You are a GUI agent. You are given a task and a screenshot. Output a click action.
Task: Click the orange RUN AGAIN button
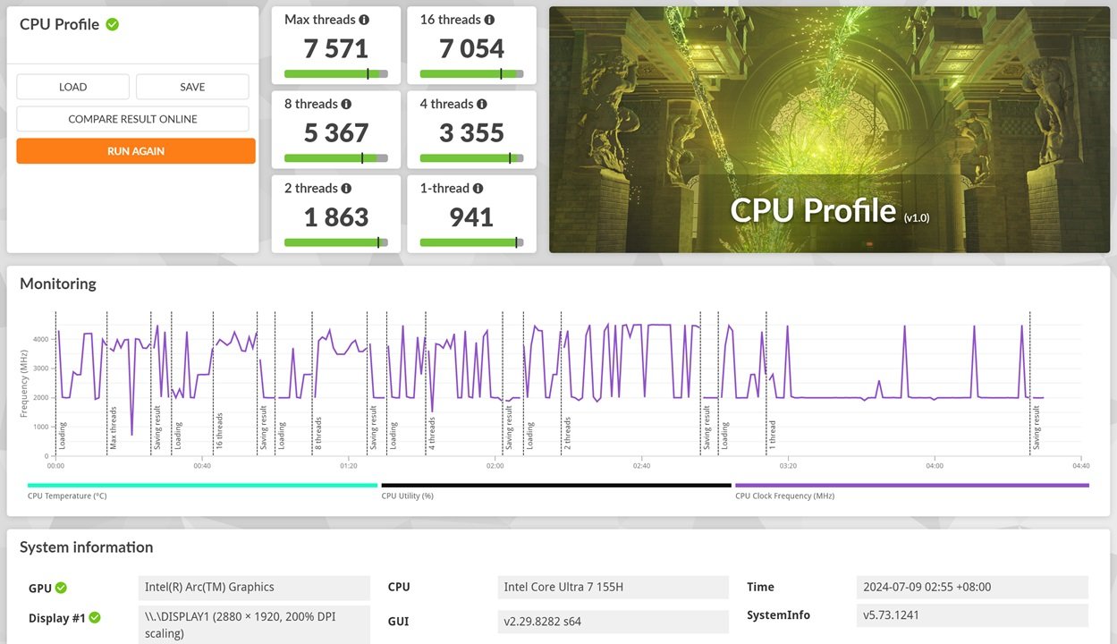(x=136, y=151)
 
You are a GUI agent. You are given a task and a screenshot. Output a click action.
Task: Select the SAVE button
(x=192, y=87)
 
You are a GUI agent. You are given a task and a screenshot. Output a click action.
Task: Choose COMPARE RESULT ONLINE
(x=132, y=119)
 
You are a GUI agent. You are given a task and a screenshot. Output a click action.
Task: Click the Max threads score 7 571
(x=336, y=48)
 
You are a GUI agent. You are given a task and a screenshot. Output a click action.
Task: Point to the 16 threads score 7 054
(x=471, y=48)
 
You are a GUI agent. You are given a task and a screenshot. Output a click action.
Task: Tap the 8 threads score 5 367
(x=336, y=132)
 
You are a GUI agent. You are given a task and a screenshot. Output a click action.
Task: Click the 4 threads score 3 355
(x=471, y=132)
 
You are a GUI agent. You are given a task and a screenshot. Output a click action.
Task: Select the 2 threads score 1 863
(x=336, y=216)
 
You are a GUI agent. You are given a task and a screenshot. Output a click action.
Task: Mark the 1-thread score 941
(x=471, y=216)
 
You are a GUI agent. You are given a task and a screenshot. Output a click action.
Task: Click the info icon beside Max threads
(x=364, y=20)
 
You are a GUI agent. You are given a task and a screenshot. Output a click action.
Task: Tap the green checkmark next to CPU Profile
(x=112, y=24)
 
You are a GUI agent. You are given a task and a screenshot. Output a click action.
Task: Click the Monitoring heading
(x=58, y=284)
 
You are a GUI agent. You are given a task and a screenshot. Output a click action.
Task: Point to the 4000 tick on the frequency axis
(x=41, y=339)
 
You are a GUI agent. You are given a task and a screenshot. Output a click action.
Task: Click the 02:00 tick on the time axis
(x=495, y=466)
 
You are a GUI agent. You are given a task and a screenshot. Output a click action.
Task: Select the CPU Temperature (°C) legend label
(x=67, y=496)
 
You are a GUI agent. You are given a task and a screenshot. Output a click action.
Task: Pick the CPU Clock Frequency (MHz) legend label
(x=784, y=496)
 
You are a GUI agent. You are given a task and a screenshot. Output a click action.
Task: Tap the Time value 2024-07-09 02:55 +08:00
(x=927, y=587)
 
